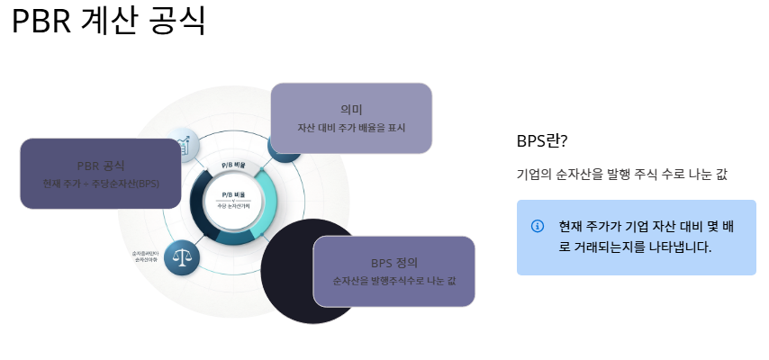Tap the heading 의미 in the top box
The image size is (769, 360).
[351, 109]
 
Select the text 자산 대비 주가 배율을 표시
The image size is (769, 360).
[351, 127]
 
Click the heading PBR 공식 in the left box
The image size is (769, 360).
[101, 166]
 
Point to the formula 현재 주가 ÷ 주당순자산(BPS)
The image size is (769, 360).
[101, 184]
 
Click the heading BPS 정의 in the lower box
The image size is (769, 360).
[394, 263]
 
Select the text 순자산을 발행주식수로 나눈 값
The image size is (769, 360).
[394, 281]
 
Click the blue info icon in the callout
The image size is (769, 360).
[538, 225]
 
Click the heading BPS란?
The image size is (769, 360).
[542, 142]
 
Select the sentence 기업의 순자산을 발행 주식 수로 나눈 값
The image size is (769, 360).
[621, 175]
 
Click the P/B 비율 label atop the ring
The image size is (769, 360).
[233, 166]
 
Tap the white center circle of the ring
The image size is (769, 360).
[233, 200]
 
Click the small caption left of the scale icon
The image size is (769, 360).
[147, 257]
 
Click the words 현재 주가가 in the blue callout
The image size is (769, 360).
[584, 225]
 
